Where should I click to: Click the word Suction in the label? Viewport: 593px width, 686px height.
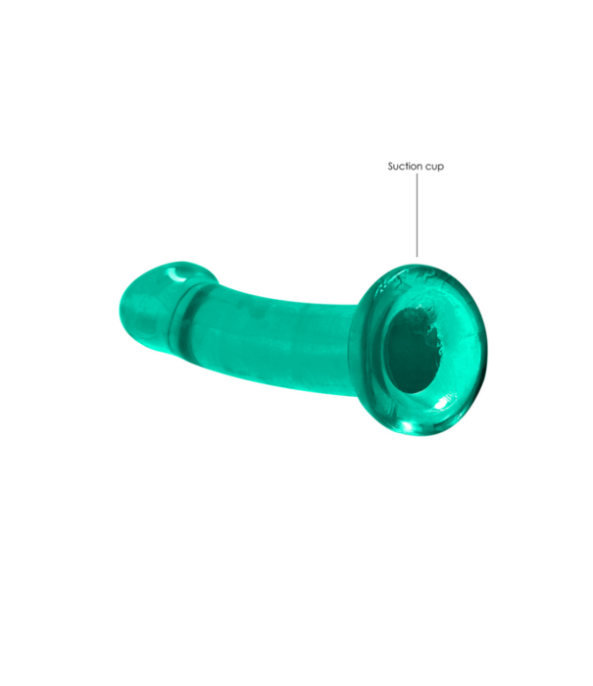click(x=402, y=167)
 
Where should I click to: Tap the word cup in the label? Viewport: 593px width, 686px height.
click(x=432, y=168)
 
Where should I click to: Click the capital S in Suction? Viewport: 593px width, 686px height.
click(x=390, y=167)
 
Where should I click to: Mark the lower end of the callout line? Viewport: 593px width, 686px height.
click(x=417, y=256)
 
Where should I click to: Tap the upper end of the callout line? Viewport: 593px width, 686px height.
click(x=417, y=177)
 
